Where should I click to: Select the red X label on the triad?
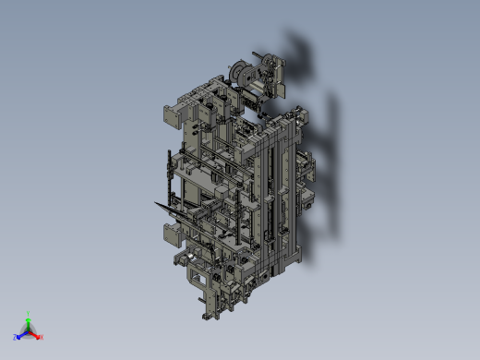point(42,337)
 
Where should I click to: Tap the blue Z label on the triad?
point(16,338)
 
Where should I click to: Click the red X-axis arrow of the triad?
point(35,334)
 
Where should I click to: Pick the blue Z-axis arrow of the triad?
point(21,334)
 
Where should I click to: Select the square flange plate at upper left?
point(173,116)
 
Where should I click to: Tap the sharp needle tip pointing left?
point(155,202)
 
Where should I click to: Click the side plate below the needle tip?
point(172,235)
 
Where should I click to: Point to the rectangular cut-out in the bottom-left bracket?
point(197,275)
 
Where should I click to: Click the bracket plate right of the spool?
point(274,74)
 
